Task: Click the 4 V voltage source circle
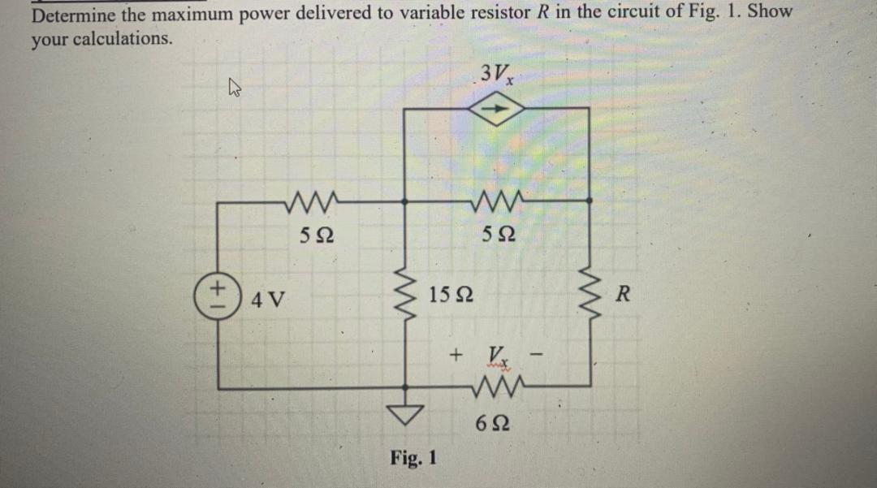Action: (217, 292)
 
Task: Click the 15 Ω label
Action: (453, 292)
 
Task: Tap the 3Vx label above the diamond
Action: (495, 76)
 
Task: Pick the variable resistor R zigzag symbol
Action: (588, 294)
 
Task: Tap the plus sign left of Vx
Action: (456, 355)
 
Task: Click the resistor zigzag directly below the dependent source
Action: (497, 199)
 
